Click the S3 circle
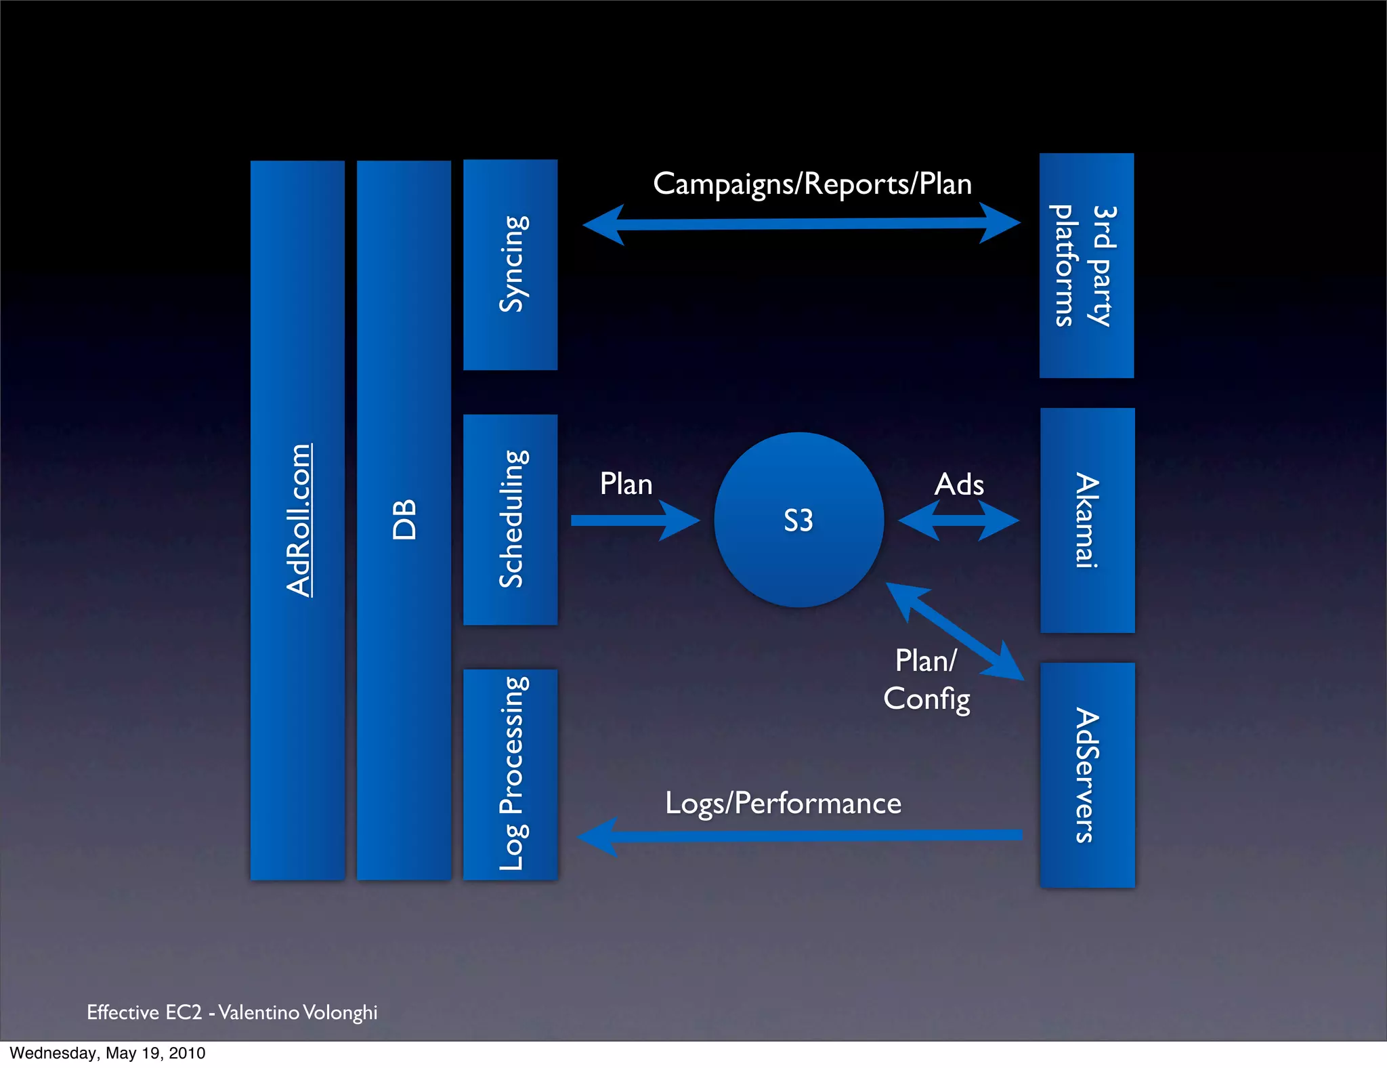(798, 520)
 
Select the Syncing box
(510, 264)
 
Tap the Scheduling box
(510, 519)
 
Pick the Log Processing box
(510, 774)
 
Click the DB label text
(404, 520)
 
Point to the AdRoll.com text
(298, 520)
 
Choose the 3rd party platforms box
(1086, 265)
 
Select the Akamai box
(1087, 520)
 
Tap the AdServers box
(1087, 775)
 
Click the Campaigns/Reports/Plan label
(812, 184)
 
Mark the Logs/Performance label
(783, 803)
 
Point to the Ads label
(959, 484)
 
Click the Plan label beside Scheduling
(626, 484)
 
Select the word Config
(926, 699)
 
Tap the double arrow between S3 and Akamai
(958, 520)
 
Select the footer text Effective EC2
(144, 1012)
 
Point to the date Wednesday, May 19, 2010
(107, 1053)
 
